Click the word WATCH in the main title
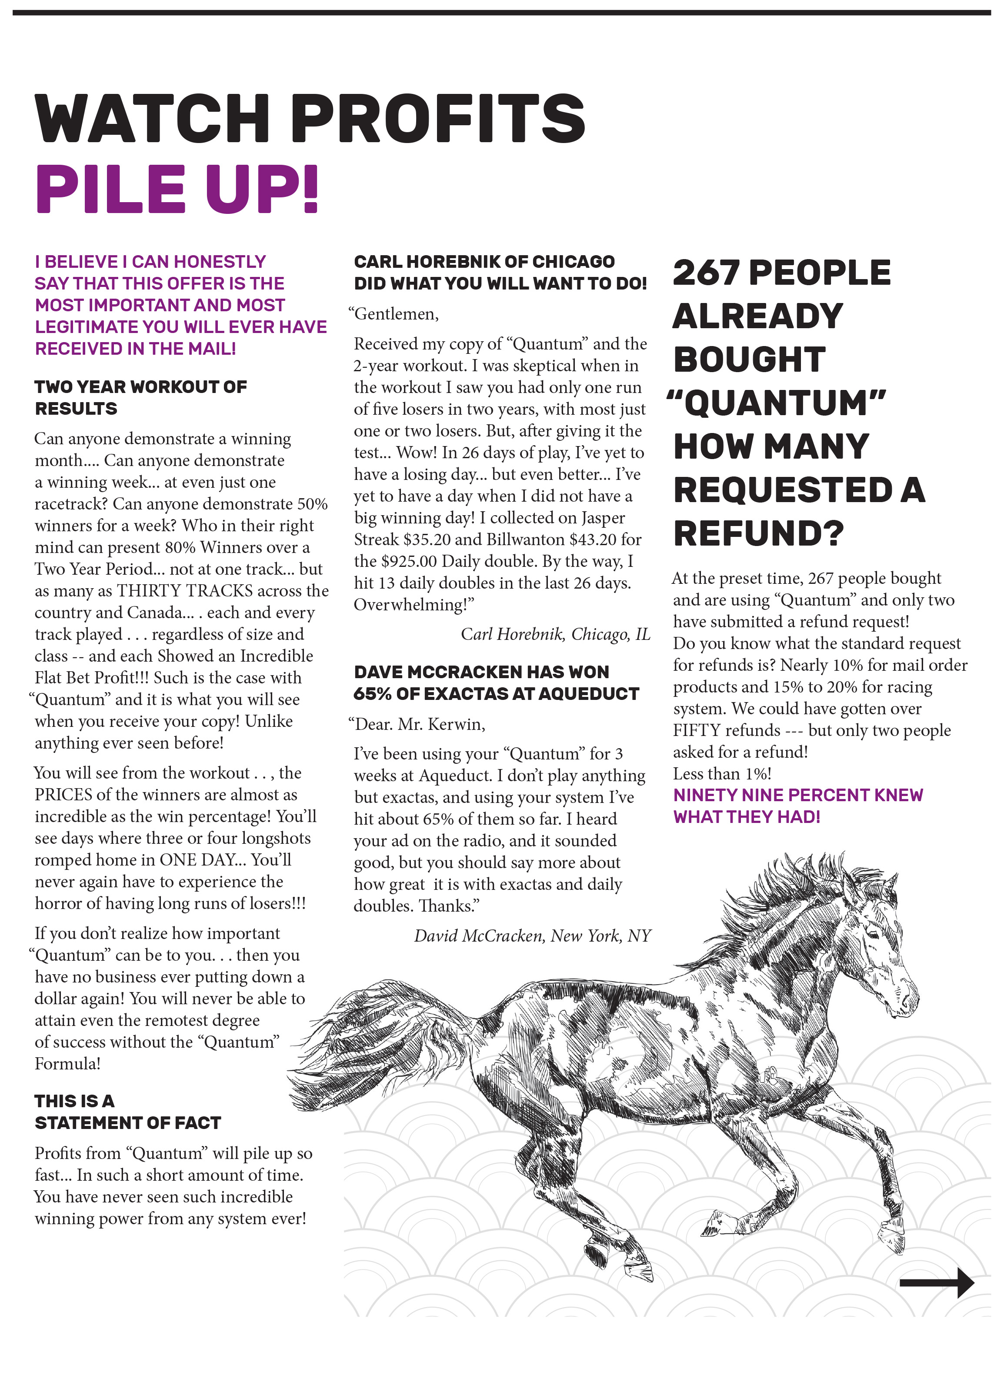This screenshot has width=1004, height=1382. tap(152, 118)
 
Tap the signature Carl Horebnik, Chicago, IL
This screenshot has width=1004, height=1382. tap(555, 634)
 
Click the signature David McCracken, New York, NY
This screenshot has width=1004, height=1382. tap(532, 936)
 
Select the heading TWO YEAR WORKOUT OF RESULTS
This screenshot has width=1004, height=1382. tap(140, 397)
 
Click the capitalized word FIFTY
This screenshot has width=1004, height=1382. tap(696, 730)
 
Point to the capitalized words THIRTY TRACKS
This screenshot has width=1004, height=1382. tap(185, 590)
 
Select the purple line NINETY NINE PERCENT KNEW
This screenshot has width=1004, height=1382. tap(797, 795)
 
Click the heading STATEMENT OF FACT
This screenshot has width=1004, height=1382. tap(128, 1122)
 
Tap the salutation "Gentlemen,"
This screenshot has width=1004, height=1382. tap(394, 314)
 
